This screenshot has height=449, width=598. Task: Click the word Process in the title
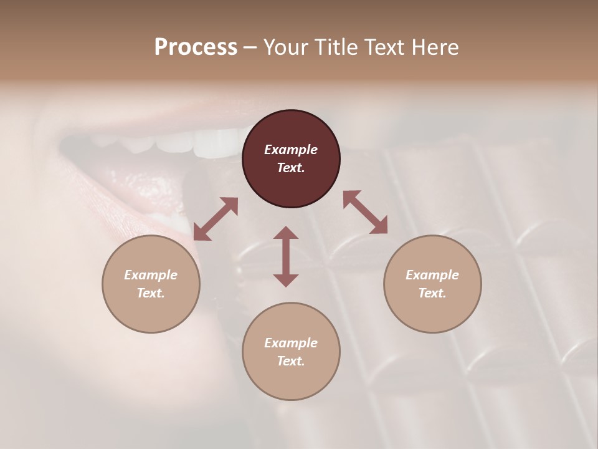pyautogui.click(x=196, y=47)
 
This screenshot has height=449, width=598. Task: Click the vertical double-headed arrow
pyautogui.click(x=286, y=256)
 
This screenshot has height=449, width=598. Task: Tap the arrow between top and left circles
pyautogui.click(x=216, y=219)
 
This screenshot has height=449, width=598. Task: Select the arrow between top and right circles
pyautogui.click(x=365, y=212)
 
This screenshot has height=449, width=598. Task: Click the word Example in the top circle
pyautogui.click(x=291, y=150)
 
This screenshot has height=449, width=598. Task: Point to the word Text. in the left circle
pyautogui.click(x=151, y=293)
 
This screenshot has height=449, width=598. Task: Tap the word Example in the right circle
pyautogui.click(x=432, y=275)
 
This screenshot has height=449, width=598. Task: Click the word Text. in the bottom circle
pyautogui.click(x=291, y=361)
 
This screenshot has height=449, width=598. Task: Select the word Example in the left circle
pyautogui.click(x=151, y=275)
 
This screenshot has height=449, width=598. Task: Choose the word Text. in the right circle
pyautogui.click(x=432, y=293)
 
